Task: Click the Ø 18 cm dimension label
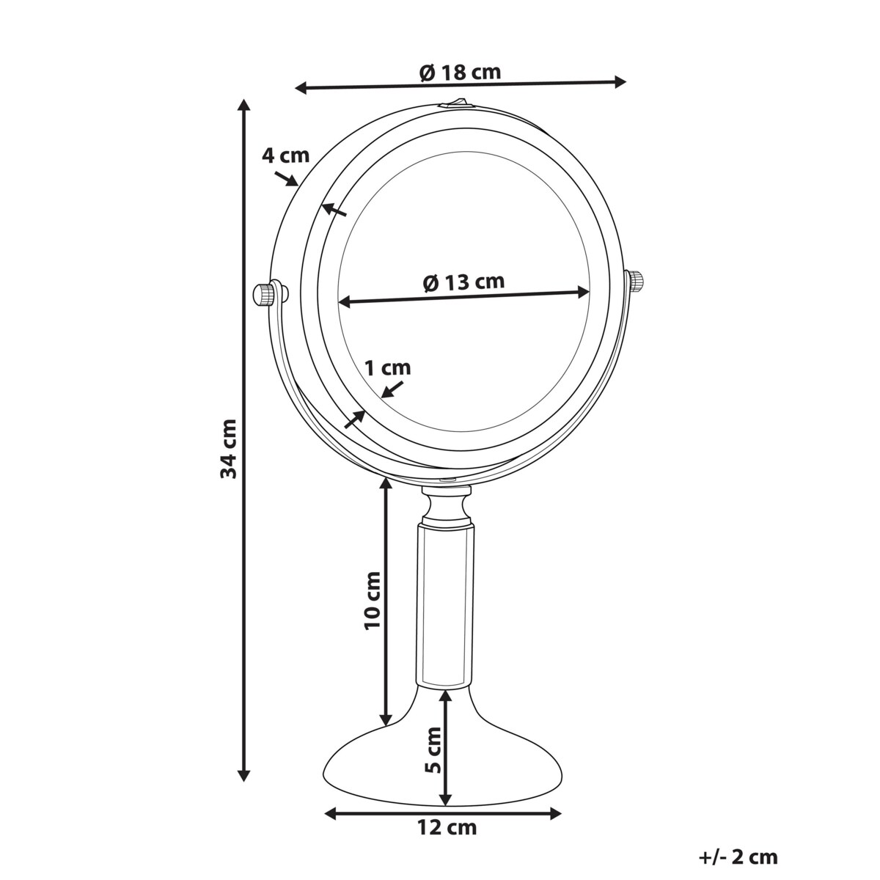(460, 73)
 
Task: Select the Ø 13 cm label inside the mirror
(464, 282)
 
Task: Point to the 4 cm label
(285, 155)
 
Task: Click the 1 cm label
(388, 367)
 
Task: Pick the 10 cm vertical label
(373, 601)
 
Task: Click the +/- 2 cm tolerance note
(738, 857)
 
